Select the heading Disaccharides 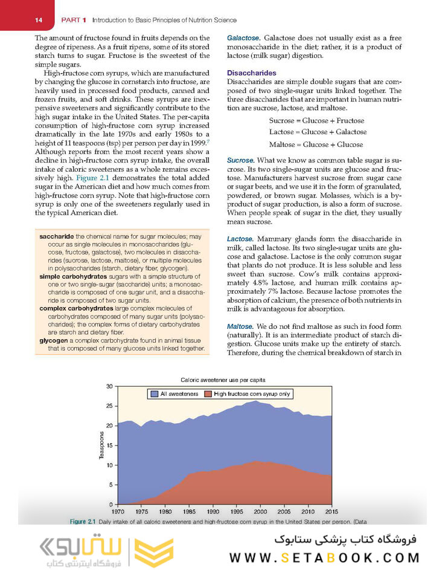point(251,73)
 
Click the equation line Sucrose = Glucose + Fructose point(316,120)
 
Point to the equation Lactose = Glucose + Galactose point(318,132)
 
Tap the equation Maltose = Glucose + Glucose point(316,144)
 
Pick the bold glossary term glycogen point(56,341)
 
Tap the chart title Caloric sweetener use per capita point(223,380)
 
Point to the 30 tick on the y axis point(109,386)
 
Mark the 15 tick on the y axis point(109,445)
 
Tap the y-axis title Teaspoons point(101,446)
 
